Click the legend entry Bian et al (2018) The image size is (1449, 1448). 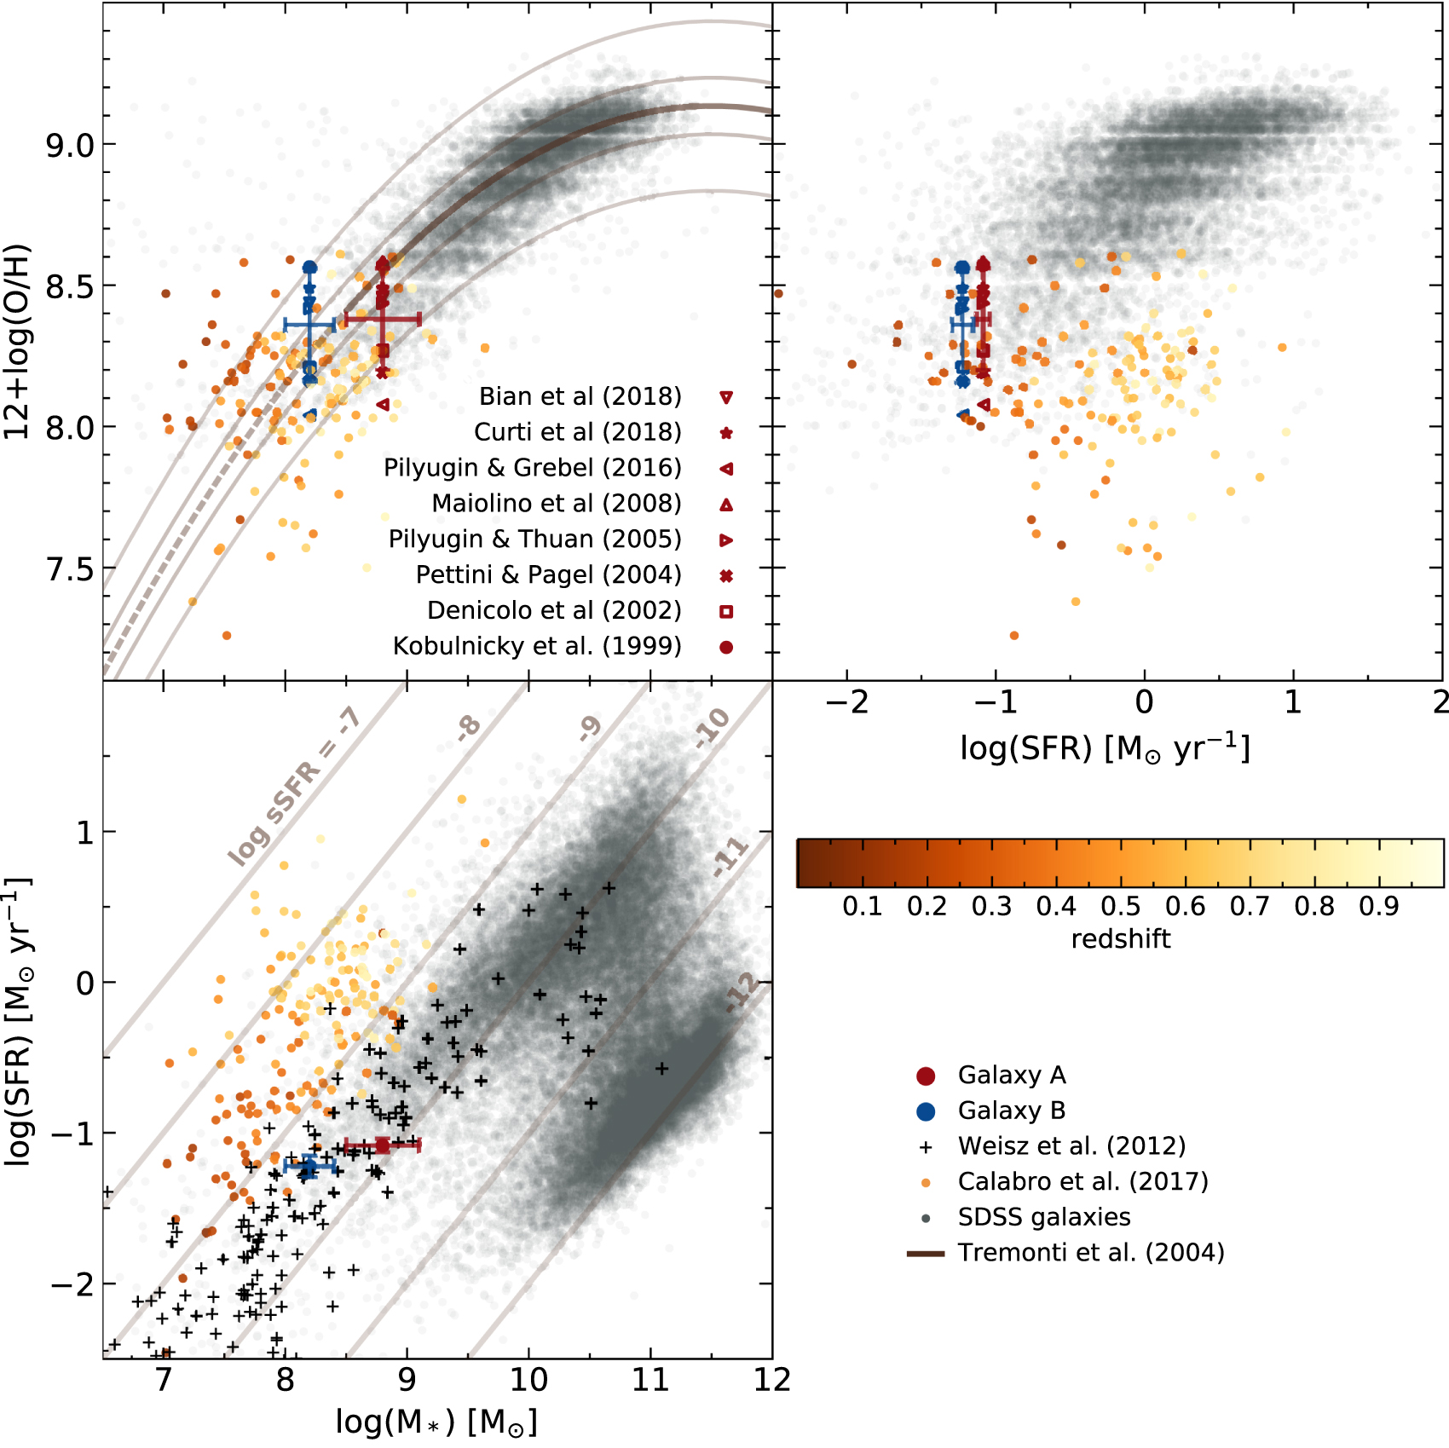click(x=580, y=396)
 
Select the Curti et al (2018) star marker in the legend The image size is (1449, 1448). click(x=726, y=433)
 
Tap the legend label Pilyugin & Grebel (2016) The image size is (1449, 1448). click(x=532, y=468)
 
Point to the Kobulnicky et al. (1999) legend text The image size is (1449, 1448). click(x=537, y=646)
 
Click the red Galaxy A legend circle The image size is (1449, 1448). click(x=926, y=1076)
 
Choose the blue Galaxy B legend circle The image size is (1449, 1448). click(x=926, y=1111)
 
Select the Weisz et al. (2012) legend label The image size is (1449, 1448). click(x=1071, y=1146)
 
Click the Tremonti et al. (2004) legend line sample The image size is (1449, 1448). click(x=926, y=1254)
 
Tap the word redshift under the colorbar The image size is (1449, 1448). click(x=1120, y=939)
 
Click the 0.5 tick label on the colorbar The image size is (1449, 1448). click(x=1120, y=906)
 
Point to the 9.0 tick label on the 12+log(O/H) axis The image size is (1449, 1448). click(x=70, y=145)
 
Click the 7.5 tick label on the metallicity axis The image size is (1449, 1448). click(x=70, y=568)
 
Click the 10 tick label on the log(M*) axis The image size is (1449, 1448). click(x=528, y=1380)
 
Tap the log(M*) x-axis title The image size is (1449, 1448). click(x=436, y=1422)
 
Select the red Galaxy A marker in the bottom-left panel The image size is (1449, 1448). click(x=382, y=1145)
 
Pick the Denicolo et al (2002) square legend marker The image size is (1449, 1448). click(x=726, y=611)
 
